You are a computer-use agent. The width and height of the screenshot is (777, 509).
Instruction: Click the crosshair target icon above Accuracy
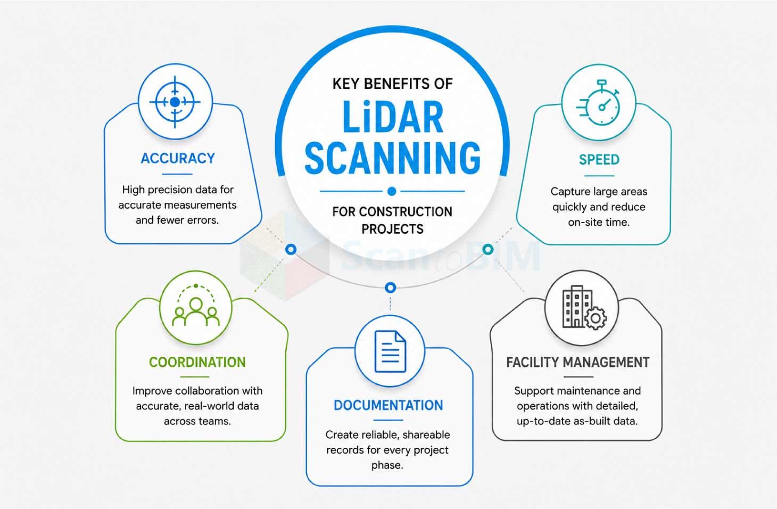pos(175,102)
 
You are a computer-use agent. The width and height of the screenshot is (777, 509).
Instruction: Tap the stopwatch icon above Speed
pos(598,103)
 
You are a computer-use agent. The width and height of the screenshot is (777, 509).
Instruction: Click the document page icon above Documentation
pos(390,351)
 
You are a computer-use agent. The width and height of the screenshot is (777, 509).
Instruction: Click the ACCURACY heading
pos(178,159)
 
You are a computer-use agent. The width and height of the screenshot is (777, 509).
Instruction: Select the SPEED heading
pos(599,160)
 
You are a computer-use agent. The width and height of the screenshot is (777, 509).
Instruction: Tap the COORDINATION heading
pos(197,362)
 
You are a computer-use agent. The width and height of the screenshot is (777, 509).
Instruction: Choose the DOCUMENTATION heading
pos(388,405)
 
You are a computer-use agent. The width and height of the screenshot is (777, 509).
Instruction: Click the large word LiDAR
pos(393,117)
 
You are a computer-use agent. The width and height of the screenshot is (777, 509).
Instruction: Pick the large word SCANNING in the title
pos(393,158)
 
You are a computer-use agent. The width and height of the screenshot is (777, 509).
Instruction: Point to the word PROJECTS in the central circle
pos(392,229)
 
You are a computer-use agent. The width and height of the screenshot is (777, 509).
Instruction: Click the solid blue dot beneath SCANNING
pos(392,191)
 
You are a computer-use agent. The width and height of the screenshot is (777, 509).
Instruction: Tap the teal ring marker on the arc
pos(487,249)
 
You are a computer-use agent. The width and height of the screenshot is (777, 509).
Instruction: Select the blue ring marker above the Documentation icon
pos(390,288)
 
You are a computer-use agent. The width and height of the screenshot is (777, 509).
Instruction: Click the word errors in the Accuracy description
pos(203,220)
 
